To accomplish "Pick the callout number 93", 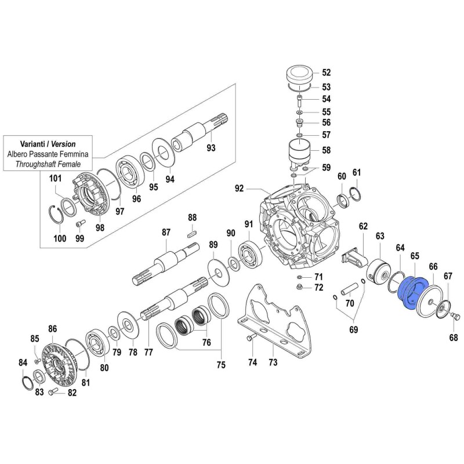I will [211, 148].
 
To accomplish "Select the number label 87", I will [166, 233].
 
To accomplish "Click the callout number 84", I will [23, 363].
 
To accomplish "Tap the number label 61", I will [356, 172].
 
